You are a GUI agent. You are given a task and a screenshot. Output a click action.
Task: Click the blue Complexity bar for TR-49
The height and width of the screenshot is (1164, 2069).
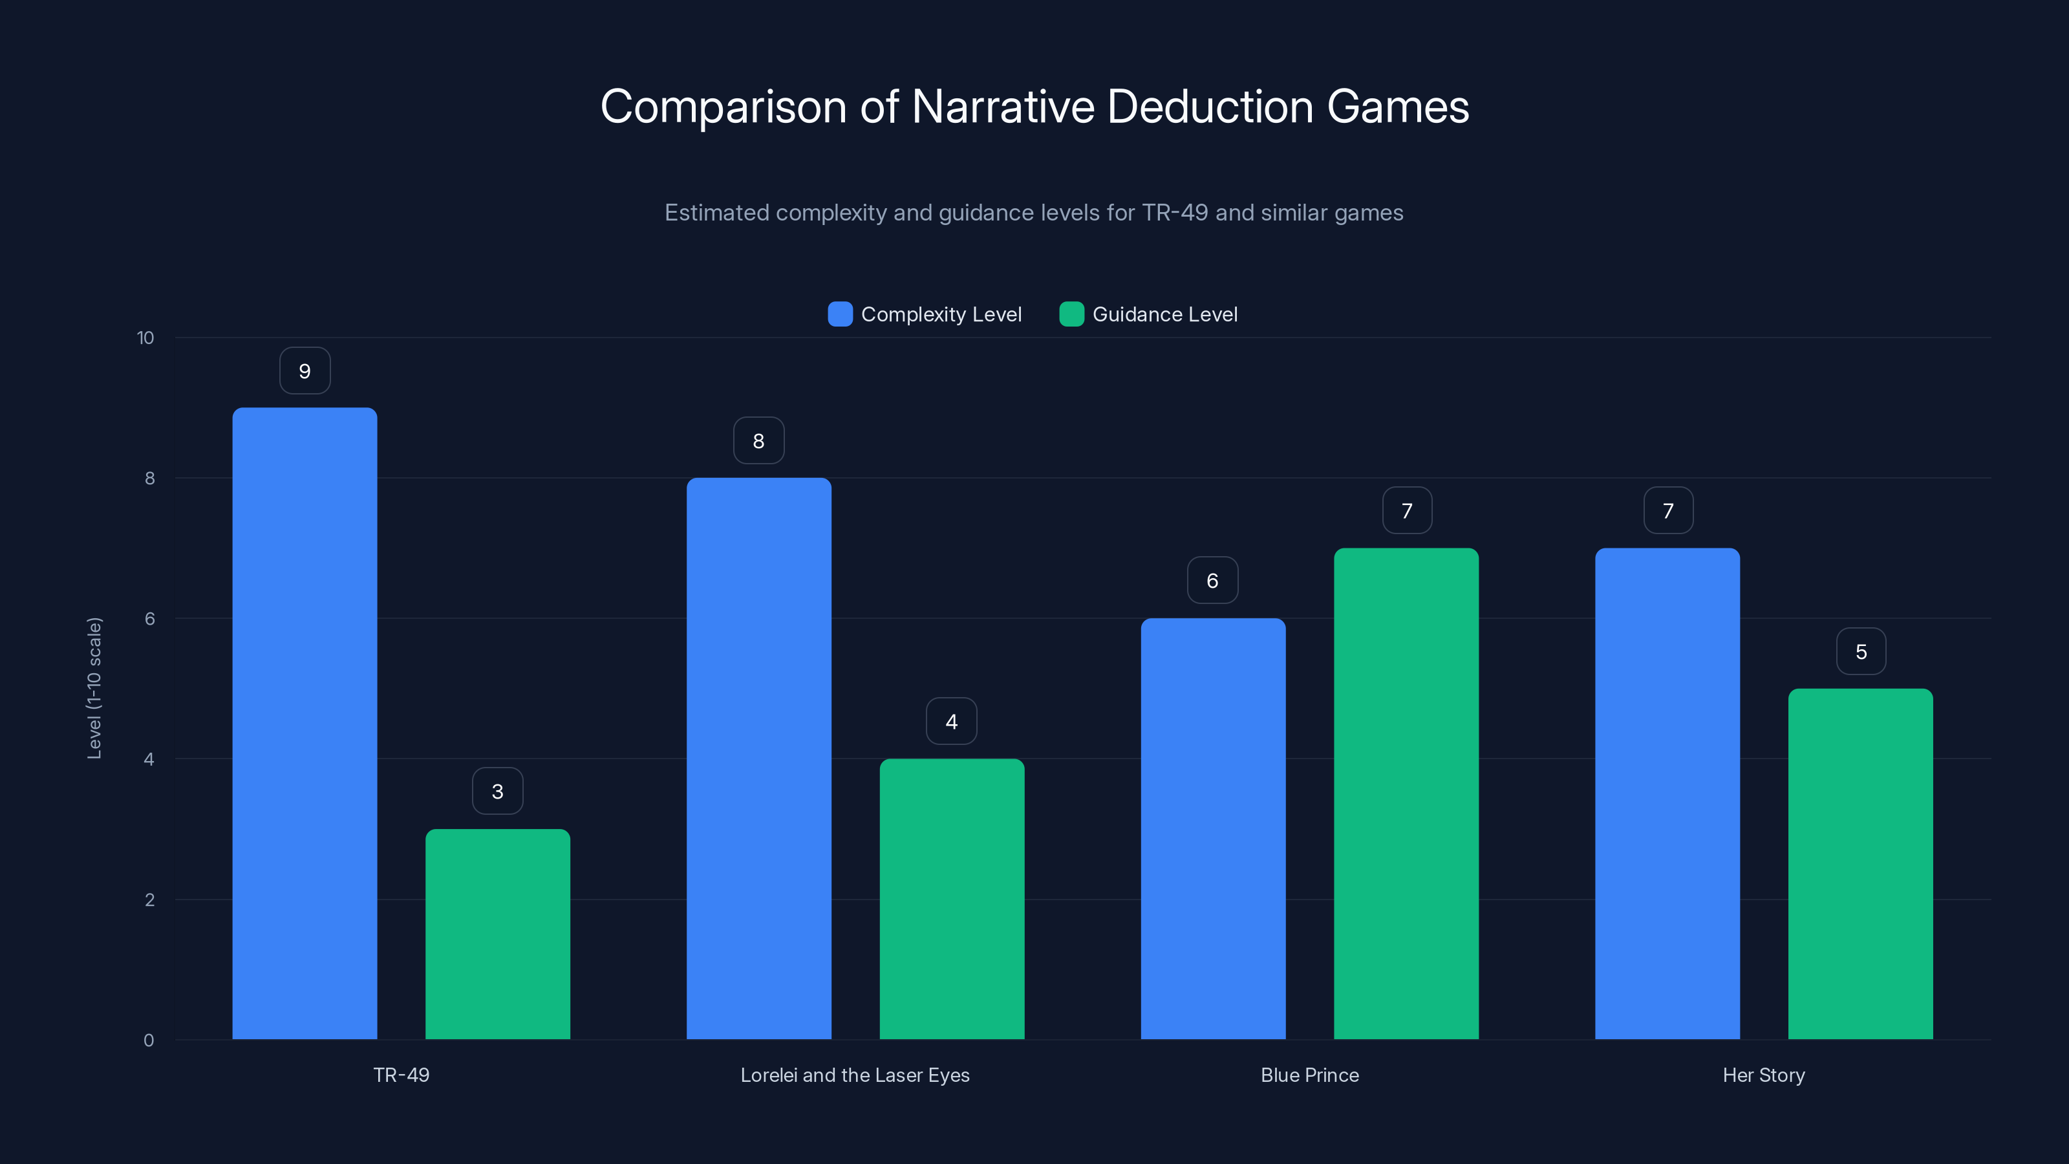pyautogui.click(x=305, y=723)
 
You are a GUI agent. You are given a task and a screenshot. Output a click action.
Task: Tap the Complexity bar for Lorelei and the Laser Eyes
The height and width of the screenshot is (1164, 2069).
pyautogui.click(x=758, y=759)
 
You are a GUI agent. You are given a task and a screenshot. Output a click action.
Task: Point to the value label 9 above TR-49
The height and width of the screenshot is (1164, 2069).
pyautogui.click(x=305, y=371)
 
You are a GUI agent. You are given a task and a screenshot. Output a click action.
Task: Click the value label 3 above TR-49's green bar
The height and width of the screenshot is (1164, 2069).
pyautogui.click(x=497, y=792)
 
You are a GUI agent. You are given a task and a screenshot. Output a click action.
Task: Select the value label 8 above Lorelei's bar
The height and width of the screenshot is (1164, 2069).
pyautogui.click(x=758, y=441)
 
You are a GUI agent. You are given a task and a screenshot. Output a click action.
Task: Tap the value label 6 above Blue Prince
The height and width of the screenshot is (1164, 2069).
pyautogui.click(x=1212, y=581)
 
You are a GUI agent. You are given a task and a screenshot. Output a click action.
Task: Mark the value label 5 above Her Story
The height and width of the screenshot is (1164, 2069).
pyautogui.click(x=1861, y=651)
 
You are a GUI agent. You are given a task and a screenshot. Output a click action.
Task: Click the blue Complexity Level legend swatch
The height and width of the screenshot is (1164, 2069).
pyautogui.click(x=840, y=314)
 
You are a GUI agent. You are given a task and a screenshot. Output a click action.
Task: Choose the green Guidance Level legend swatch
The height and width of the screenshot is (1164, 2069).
pyautogui.click(x=1071, y=314)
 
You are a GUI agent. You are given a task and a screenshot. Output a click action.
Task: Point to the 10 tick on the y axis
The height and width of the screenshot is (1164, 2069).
pyautogui.click(x=145, y=338)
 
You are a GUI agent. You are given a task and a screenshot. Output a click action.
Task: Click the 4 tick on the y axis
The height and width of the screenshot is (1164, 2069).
pyautogui.click(x=149, y=759)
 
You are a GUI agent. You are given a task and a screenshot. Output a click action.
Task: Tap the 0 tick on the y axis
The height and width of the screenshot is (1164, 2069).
pyautogui.click(x=149, y=1040)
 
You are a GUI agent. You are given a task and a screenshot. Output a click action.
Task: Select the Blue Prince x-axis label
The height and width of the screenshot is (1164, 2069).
pyautogui.click(x=1309, y=1075)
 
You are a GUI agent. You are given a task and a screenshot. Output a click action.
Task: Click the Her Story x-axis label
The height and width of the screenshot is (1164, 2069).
pyautogui.click(x=1763, y=1075)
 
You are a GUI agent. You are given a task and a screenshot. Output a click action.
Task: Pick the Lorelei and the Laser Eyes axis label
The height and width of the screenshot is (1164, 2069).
pyautogui.click(x=855, y=1075)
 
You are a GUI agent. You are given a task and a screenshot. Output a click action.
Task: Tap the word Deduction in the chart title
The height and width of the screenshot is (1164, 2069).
pyautogui.click(x=1210, y=107)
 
